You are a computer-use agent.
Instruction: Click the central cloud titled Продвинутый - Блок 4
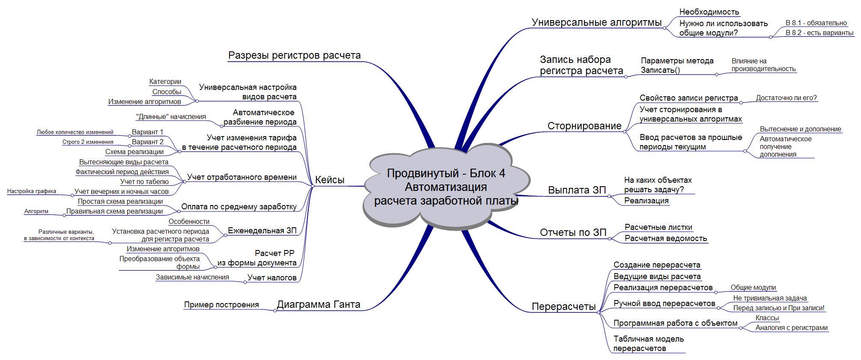(446, 187)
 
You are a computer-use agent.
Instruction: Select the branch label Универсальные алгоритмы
(596, 23)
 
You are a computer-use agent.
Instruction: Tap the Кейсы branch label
(330, 180)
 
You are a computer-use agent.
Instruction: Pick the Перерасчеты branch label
(563, 306)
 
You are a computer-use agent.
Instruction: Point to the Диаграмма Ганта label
(319, 304)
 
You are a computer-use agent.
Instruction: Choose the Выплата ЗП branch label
(577, 190)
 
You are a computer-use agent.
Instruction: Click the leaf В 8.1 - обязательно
(816, 23)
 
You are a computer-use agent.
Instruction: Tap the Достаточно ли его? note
(786, 98)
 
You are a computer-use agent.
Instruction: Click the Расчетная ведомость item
(665, 238)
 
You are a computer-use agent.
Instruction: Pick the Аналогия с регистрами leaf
(791, 328)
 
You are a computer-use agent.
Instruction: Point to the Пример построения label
(221, 305)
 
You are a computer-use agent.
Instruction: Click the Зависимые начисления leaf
(192, 277)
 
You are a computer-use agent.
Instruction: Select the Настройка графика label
(32, 191)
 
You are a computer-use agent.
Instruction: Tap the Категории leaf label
(165, 81)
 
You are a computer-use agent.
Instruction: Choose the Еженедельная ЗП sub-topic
(262, 230)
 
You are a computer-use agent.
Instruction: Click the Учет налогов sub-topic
(272, 277)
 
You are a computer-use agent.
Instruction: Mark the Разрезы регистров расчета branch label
(294, 55)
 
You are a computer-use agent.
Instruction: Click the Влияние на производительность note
(763, 65)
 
